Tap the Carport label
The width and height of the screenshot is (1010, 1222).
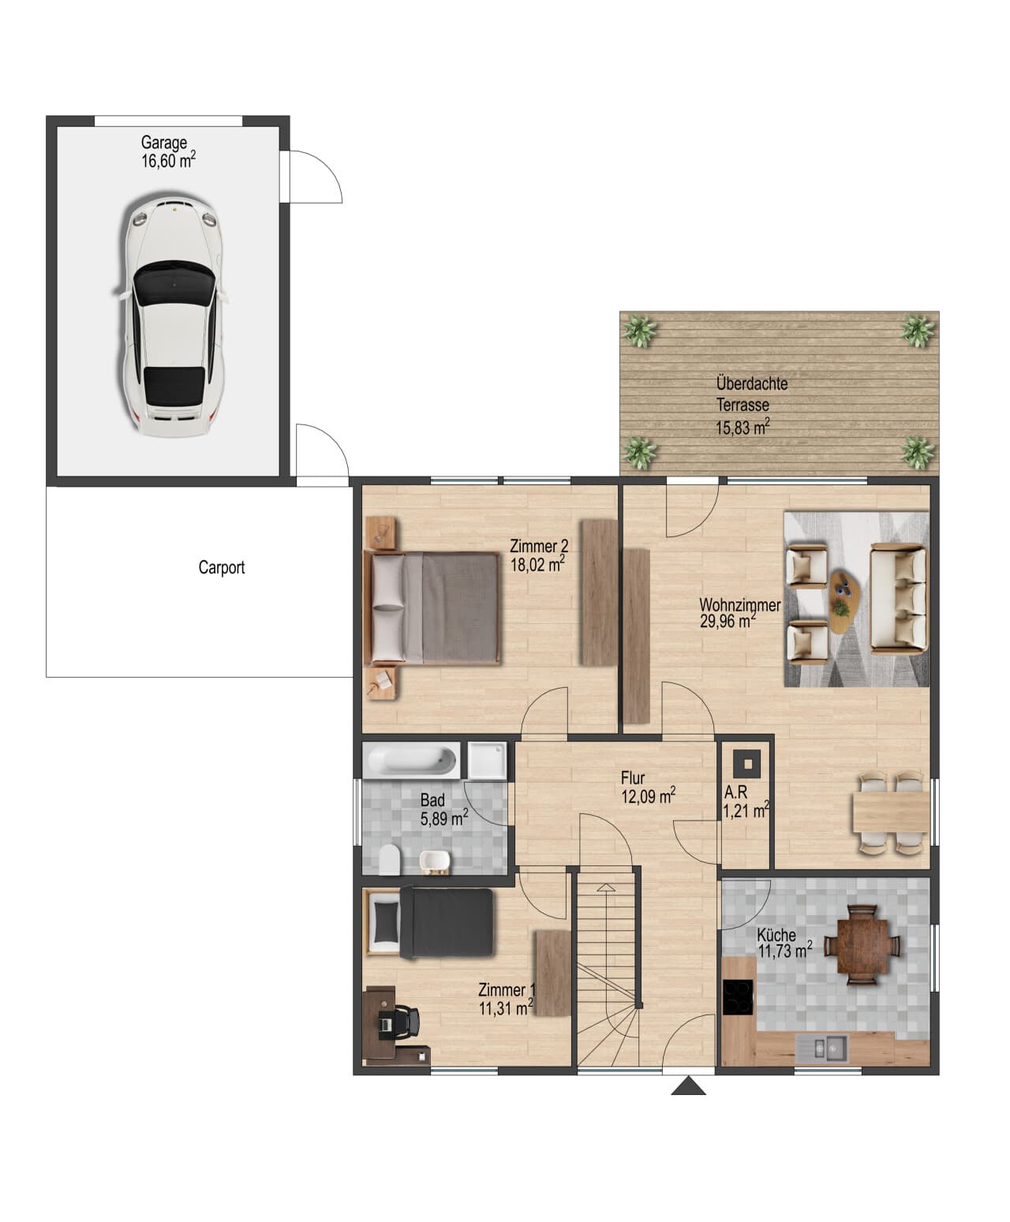(x=221, y=567)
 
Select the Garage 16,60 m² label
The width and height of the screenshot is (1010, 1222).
(x=168, y=151)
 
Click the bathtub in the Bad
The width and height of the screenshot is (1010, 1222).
(x=411, y=760)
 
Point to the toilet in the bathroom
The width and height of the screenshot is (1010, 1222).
(x=389, y=859)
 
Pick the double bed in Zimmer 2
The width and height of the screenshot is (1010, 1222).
(x=432, y=608)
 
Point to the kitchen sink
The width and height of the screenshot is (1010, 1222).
(x=821, y=1048)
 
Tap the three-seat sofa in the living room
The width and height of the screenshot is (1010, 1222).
(x=898, y=598)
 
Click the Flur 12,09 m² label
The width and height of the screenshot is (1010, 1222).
(x=648, y=787)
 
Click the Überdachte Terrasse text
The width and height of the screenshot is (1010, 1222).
(x=752, y=394)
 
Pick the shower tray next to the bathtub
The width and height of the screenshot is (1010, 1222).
(x=487, y=760)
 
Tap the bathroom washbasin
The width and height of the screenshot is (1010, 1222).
(x=435, y=861)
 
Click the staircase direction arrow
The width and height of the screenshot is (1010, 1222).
(x=606, y=888)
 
